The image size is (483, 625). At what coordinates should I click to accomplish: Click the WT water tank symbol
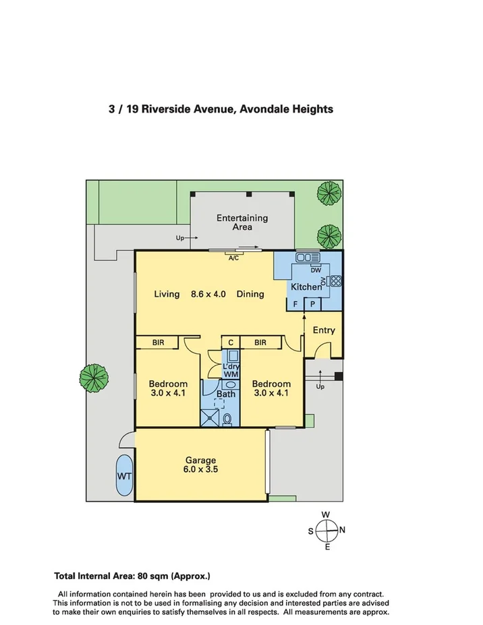click(124, 475)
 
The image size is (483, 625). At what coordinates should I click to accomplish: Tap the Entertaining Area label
click(242, 222)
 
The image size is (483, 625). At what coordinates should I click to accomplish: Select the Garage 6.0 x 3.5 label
click(200, 465)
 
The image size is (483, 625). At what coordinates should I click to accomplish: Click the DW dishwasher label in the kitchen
click(316, 270)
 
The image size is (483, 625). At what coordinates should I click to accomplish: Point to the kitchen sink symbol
click(308, 258)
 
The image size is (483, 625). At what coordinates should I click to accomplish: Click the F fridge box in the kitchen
click(295, 304)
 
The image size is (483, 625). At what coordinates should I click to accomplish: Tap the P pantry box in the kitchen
click(313, 304)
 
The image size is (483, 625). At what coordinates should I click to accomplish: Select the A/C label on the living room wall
click(233, 258)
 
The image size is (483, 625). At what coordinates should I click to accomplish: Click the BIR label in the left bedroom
click(158, 343)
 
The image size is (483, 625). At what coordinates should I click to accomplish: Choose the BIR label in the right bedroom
click(260, 343)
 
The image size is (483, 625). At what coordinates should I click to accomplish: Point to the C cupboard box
click(231, 343)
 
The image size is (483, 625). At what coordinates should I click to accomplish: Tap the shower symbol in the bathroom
click(210, 417)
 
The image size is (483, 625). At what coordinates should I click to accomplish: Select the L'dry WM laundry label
click(231, 370)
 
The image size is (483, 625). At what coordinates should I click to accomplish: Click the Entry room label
click(324, 330)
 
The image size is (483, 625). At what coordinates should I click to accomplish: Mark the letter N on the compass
click(342, 530)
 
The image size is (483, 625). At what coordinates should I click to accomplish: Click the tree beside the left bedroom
click(94, 377)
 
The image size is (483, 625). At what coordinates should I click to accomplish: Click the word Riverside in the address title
click(167, 109)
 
